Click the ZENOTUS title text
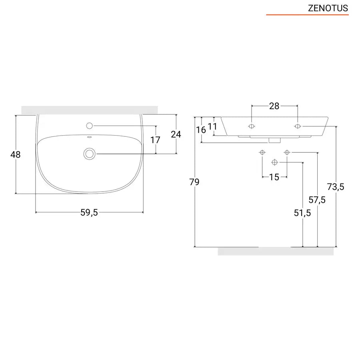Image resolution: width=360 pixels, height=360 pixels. click(x=328, y=8)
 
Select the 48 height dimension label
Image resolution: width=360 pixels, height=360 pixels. click(x=16, y=154)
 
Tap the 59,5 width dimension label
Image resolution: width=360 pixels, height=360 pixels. click(x=89, y=213)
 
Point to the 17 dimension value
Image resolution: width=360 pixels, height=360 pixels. click(x=155, y=140)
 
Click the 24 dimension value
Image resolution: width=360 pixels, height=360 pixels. click(x=176, y=134)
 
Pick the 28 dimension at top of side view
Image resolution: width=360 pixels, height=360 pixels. click(x=274, y=106)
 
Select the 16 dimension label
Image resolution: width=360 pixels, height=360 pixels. click(x=201, y=130)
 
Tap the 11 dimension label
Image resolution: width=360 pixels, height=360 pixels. click(x=213, y=126)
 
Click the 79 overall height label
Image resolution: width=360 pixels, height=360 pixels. click(x=194, y=182)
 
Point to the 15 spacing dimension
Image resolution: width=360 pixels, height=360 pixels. click(x=274, y=177)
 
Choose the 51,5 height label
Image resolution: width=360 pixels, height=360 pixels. click(x=302, y=213)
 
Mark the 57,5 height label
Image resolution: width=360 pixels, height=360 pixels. click(x=317, y=200)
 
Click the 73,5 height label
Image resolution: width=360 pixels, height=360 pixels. click(x=336, y=186)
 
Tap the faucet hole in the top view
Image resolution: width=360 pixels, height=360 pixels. click(x=89, y=126)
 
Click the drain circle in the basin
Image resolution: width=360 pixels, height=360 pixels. click(x=89, y=154)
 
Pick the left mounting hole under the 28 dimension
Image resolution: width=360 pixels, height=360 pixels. click(x=251, y=126)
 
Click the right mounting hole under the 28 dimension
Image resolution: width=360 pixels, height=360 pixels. click(x=297, y=126)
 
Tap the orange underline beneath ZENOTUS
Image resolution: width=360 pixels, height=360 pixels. click(x=307, y=15)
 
